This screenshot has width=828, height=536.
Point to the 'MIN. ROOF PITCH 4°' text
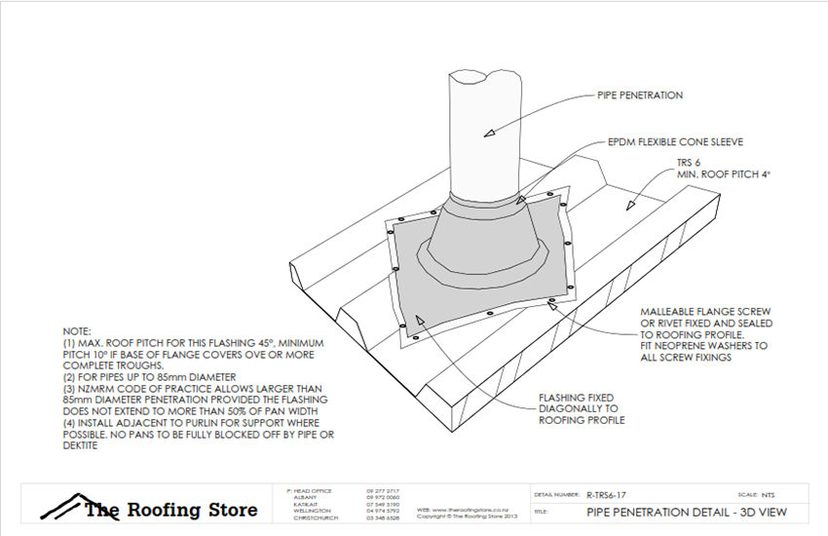point(718,173)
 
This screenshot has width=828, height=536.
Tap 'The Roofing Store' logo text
point(170,510)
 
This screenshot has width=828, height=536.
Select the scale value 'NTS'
point(769,495)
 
